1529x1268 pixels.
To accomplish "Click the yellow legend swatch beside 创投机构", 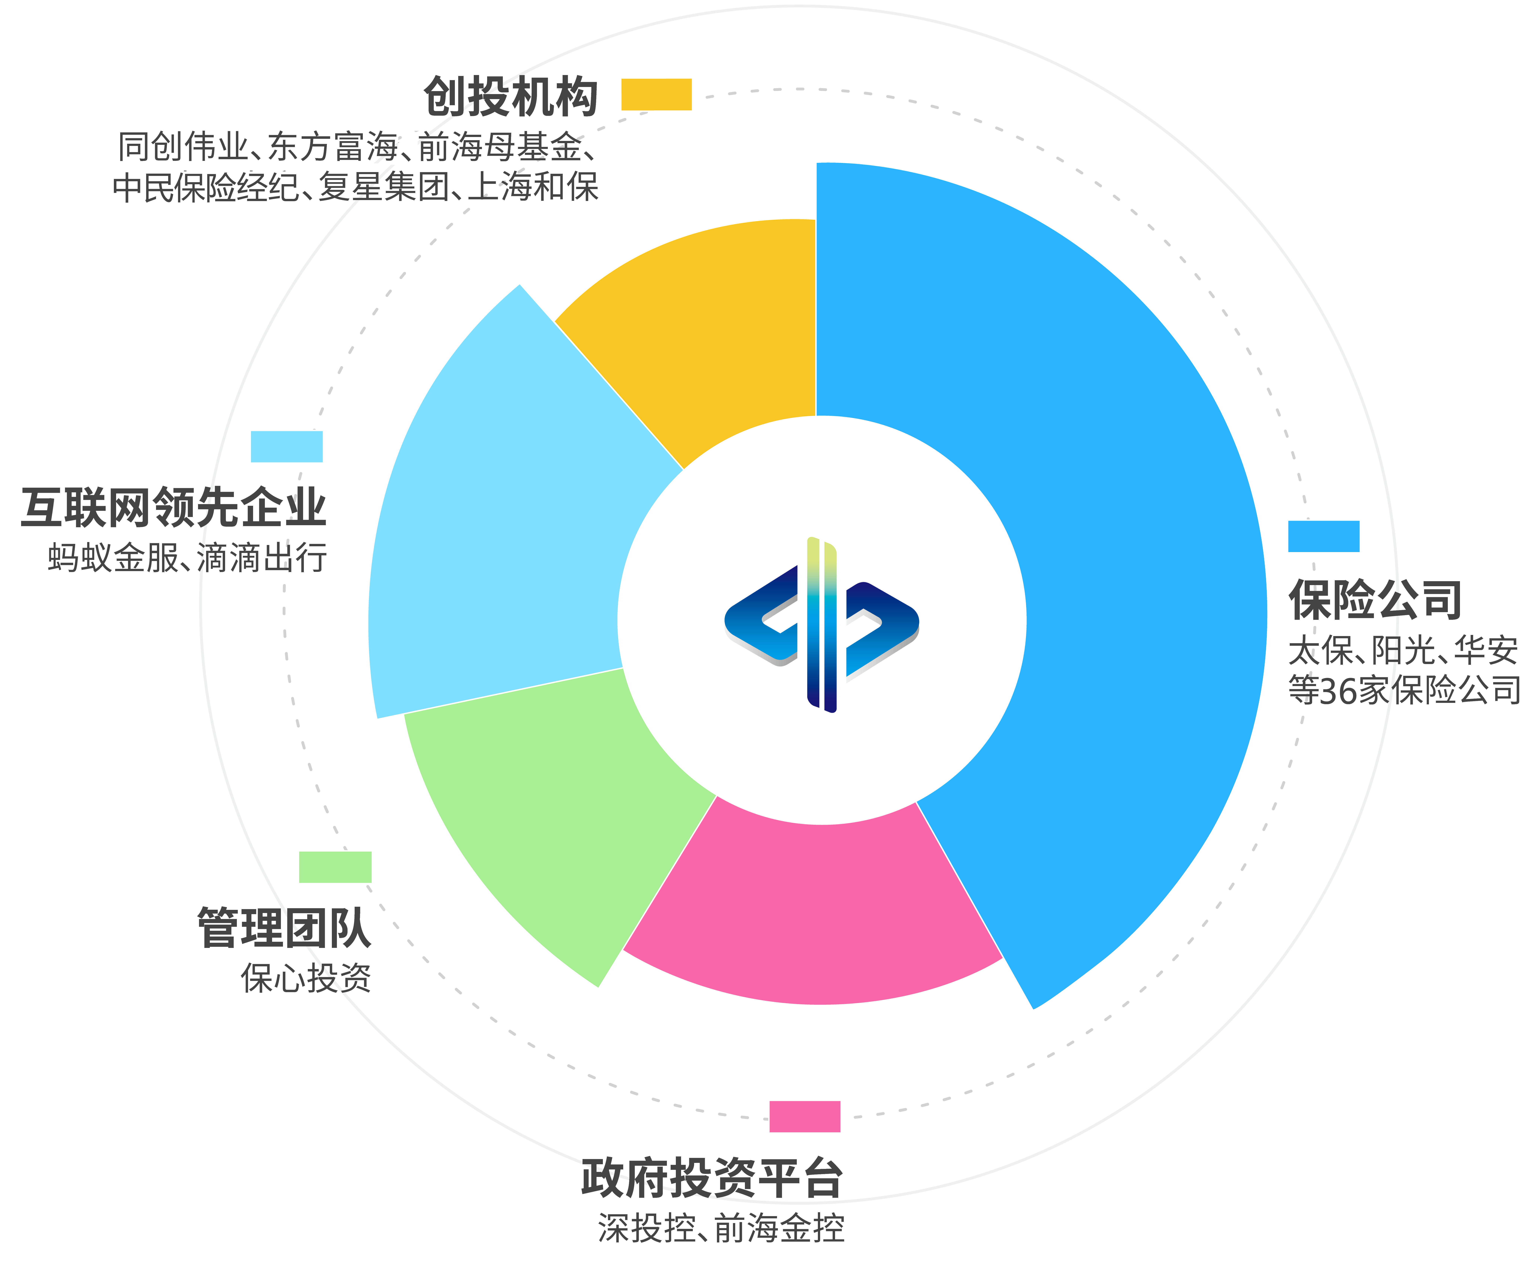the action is pos(656,95).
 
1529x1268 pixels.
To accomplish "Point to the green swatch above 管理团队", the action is pos(335,867).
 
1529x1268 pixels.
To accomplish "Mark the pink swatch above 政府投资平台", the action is pos(805,1117).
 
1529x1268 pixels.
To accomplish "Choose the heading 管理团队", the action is pos(285,928).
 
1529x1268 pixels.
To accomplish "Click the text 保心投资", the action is pos(306,978).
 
